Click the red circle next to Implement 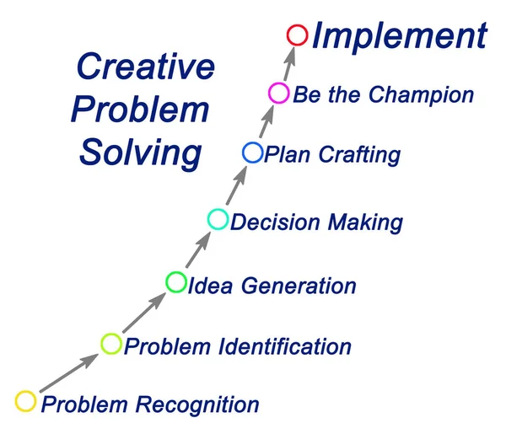[296, 35]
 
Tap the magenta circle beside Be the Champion [277, 94]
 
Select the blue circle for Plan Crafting [252, 153]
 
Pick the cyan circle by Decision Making [218, 220]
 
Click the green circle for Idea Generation [176, 282]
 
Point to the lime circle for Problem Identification [111, 343]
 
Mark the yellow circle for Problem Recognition [26, 401]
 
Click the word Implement [399, 36]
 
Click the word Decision [269, 222]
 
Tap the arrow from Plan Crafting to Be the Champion [265, 123]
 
